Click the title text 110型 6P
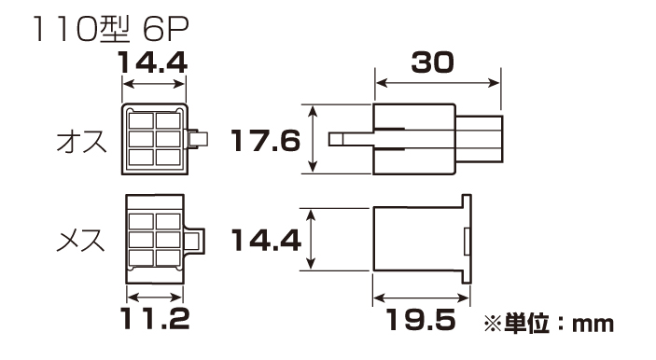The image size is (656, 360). tap(110, 29)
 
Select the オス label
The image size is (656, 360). tap(82, 142)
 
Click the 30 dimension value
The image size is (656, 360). tap(433, 62)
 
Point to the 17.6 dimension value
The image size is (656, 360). tap(266, 140)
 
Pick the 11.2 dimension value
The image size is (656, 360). tap(155, 318)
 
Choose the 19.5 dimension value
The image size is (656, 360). tap(421, 320)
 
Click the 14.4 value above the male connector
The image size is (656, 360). tap(153, 62)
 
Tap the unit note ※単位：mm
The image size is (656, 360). tap(549, 324)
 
